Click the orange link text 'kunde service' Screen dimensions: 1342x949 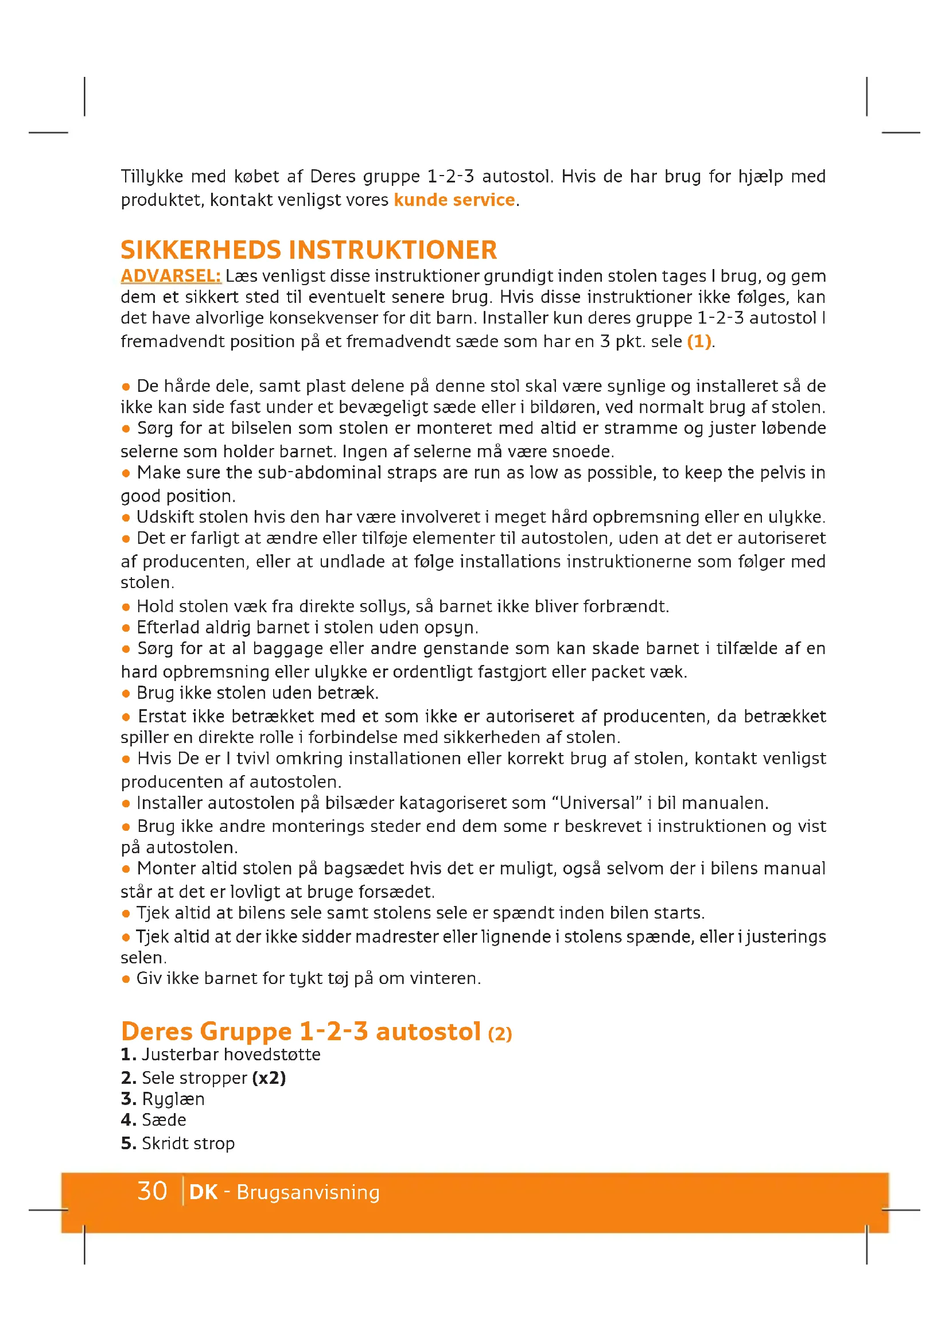pos(454,200)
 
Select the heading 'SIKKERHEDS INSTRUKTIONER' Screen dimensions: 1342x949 pos(309,250)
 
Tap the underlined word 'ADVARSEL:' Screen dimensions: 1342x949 pos(170,276)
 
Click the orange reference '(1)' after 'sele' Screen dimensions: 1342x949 pos(699,341)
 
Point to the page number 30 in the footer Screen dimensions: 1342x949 pos(152,1191)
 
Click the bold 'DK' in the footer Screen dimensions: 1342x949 pos(203,1192)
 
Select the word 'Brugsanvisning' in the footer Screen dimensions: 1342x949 pos(308,1192)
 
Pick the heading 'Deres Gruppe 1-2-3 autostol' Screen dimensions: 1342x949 pos(300,1031)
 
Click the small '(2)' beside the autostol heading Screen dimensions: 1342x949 pos(500,1034)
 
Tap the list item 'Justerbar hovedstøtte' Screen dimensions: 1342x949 pos(231,1055)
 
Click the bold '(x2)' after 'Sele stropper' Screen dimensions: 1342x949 pos(269,1078)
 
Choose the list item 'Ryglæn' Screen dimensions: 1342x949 pos(173,1099)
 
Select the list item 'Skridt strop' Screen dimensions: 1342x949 pos(188,1143)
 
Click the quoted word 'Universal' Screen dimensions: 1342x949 pos(597,803)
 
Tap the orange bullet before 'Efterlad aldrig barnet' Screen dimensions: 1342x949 pos(126,628)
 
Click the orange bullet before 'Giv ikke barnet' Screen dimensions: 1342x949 pos(126,979)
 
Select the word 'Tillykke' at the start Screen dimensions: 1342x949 pos(152,177)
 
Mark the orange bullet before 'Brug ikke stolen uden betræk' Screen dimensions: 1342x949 pos(126,694)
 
